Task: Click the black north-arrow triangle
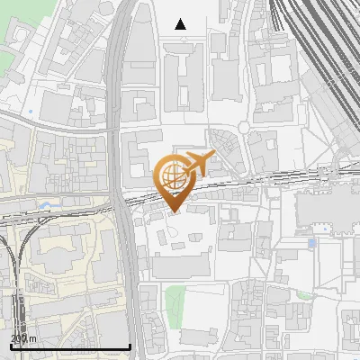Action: (181, 24)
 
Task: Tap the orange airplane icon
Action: (199, 164)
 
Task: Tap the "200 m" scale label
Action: (23, 337)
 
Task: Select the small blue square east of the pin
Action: (312, 243)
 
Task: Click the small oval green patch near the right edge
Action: (303, 294)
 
